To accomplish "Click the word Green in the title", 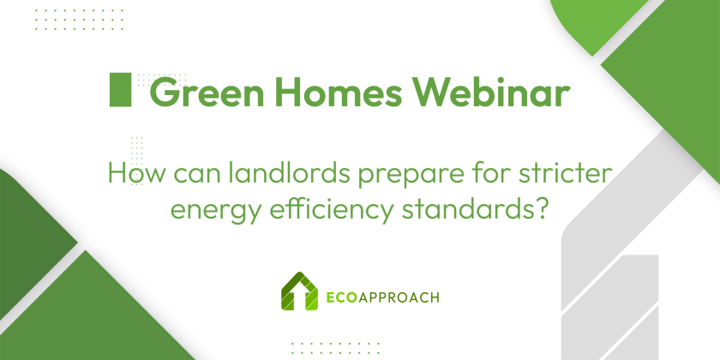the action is pos(207,92).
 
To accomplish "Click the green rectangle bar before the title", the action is pos(120,89).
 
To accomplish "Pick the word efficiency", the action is pos(331,210).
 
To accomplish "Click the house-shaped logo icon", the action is pos(299,291).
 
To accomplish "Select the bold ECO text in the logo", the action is pos(342,297).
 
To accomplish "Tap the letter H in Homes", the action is pos(290,92).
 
